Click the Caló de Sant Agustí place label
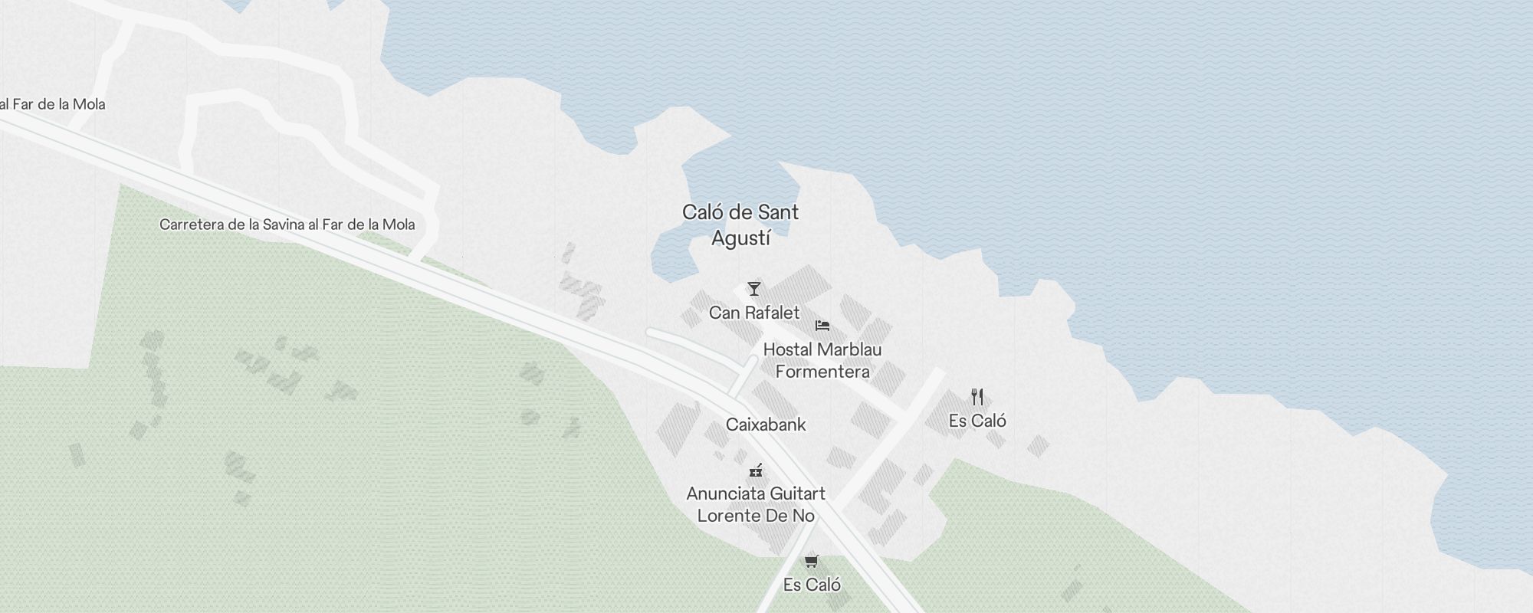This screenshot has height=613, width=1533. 740,225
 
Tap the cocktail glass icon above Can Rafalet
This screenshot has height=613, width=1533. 754,289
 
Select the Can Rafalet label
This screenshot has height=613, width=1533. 754,313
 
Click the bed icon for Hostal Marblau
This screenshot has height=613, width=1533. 822,326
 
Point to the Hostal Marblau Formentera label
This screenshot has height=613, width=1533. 822,360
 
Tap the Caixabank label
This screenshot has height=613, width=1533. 766,425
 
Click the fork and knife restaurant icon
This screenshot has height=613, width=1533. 977,397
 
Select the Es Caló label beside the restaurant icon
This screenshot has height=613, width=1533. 977,421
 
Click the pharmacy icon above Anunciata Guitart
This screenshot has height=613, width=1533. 756,470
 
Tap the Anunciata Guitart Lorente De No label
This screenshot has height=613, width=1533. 756,504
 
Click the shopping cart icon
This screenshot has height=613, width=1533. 812,561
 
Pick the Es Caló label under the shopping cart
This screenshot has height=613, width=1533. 812,585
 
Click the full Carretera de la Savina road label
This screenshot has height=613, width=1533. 287,225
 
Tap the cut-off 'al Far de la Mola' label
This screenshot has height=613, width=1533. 53,104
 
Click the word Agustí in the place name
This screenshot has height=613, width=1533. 740,238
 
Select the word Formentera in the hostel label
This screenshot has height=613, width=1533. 822,372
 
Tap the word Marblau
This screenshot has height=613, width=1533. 848,349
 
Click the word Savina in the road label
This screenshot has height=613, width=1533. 284,225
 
